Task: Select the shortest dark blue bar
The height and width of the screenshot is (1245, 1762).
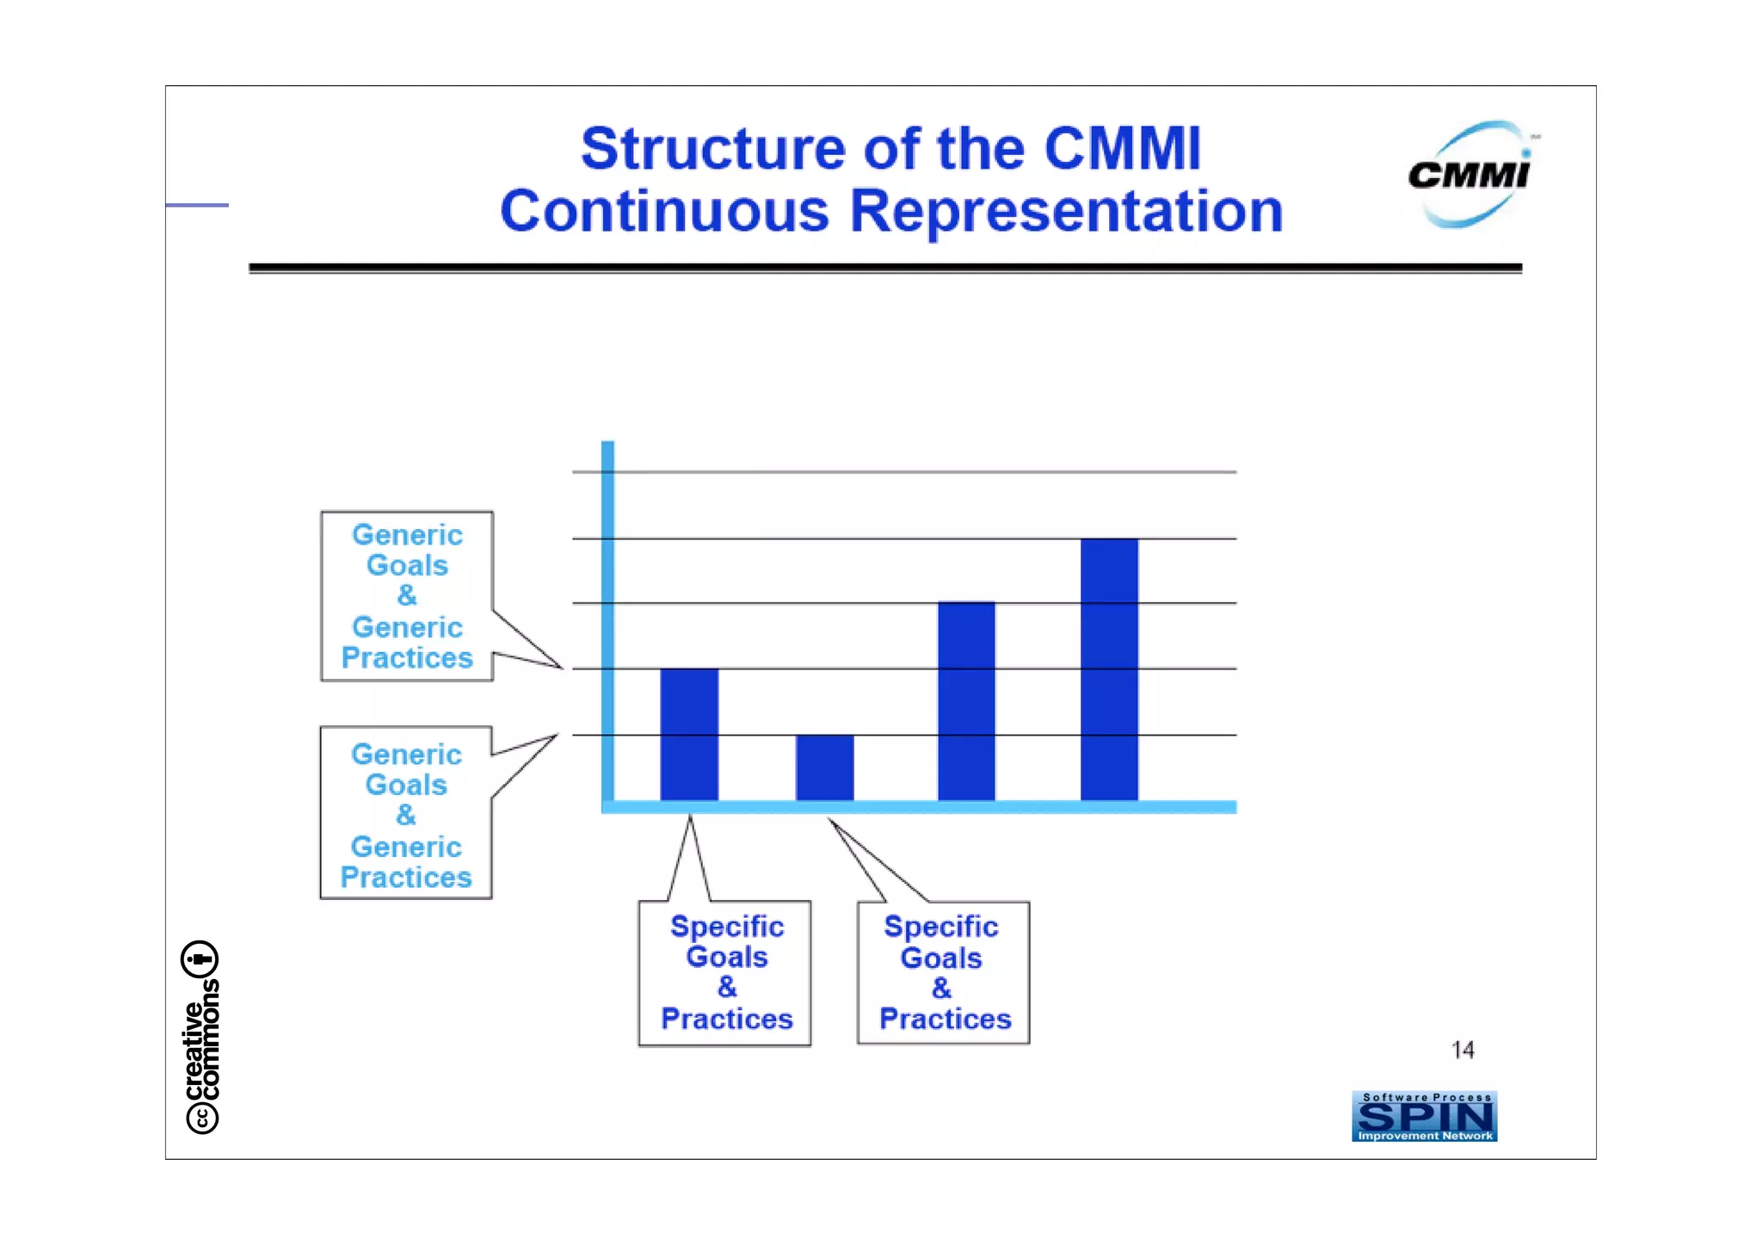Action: click(824, 767)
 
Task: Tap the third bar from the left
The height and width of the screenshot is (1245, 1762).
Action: click(966, 701)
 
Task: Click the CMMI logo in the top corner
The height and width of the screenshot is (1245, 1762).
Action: click(1470, 175)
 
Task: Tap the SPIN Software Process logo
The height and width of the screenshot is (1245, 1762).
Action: click(1424, 1117)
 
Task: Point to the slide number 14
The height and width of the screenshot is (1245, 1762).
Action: click(1463, 1050)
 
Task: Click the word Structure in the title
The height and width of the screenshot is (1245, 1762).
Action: click(715, 150)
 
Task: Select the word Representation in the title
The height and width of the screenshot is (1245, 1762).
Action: click(1067, 212)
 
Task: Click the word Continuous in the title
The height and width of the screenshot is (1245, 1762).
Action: click(664, 212)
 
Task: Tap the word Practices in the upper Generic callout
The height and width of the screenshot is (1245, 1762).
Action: click(407, 658)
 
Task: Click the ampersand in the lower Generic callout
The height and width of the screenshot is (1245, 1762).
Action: click(406, 815)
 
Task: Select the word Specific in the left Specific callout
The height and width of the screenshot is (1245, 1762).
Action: click(727, 927)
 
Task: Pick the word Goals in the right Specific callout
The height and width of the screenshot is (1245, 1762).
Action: click(941, 958)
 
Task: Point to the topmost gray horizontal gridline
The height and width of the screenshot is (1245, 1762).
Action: click(903, 471)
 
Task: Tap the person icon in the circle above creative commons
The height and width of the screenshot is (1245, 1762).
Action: click(200, 958)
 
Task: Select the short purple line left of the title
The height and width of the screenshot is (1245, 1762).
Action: click(197, 205)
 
